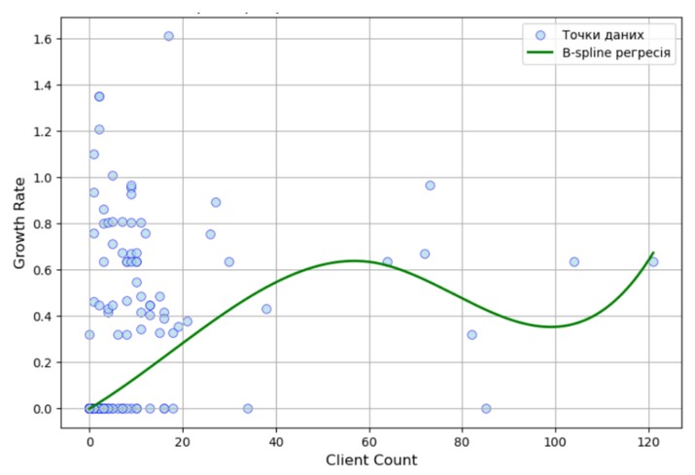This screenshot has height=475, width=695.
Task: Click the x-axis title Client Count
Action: pyautogui.click(x=371, y=459)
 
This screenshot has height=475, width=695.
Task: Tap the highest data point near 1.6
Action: pyautogui.click(x=168, y=36)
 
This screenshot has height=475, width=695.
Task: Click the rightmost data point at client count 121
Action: pyautogui.click(x=653, y=261)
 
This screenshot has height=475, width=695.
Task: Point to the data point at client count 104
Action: pyautogui.click(x=573, y=261)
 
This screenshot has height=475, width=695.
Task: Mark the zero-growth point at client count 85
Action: pyautogui.click(x=486, y=408)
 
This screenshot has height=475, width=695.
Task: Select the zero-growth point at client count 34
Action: pyautogui.click(x=248, y=408)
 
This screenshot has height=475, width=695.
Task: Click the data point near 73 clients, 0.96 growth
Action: pyautogui.click(x=430, y=186)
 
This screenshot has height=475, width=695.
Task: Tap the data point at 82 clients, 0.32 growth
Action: pyautogui.click(x=471, y=334)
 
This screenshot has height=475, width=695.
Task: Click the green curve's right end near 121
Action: pyautogui.click(x=652, y=254)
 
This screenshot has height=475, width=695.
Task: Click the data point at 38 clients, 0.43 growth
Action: pyautogui.click(x=266, y=309)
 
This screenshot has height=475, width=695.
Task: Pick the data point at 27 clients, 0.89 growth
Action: pyautogui.click(x=216, y=202)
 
